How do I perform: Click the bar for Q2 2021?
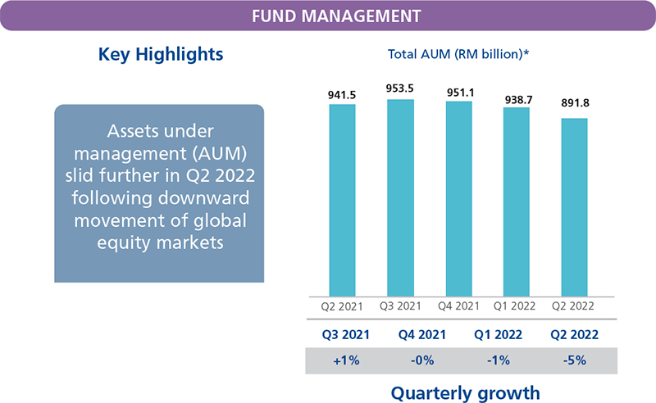[344, 200]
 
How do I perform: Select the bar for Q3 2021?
[401, 197]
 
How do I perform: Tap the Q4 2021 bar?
[458, 198]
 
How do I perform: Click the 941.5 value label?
[344, 95]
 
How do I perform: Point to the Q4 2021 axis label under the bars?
[458, 307]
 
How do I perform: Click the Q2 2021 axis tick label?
[344, 307]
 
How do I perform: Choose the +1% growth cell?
[344, 359]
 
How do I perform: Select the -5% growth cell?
[574, 359]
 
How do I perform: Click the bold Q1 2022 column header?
[497, 334]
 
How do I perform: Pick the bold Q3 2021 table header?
[344, 334]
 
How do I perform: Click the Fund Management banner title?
[328, 16]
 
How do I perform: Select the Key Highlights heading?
[161, 56]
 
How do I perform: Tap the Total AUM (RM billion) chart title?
[458, 56]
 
